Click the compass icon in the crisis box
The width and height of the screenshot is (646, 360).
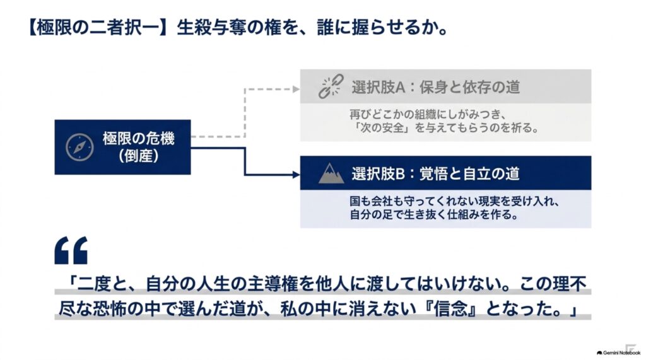[79, 147]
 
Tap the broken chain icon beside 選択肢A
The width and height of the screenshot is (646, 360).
[331, 86]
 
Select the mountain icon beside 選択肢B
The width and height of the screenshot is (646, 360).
[331, 173]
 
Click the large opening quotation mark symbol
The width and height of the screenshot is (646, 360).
[71, 250]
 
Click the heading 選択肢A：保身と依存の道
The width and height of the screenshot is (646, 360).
[435, 88]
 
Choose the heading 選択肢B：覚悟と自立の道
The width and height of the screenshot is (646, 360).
[435, 174]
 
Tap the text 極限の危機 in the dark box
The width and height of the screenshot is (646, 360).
[138, 139]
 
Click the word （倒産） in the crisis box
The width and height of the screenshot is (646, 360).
[138, 156]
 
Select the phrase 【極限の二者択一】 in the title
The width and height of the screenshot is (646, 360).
[98, 28]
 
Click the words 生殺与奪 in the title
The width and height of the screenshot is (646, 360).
[212, 28]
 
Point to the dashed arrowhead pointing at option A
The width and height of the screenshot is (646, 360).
[296, 89]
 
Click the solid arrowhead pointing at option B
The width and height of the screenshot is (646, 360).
[296, 175]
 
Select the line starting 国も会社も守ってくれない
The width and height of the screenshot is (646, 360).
[454, 201]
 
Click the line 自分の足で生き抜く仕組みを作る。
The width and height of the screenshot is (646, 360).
[434, 214]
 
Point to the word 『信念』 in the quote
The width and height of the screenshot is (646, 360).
[450, 308]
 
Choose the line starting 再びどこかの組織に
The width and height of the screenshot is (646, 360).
[428, 114]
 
